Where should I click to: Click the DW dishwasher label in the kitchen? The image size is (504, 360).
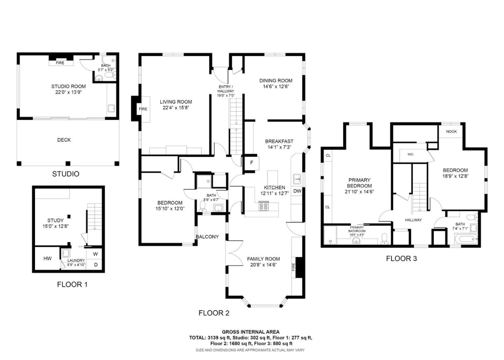click(x=297, y=191)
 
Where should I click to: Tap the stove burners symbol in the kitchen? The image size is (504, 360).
click(x=263, y=206)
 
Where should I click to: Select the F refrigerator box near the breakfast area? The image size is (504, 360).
click(x=251, y=163)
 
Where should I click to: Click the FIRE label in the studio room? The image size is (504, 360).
click(x=60, y=63)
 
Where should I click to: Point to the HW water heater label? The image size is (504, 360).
click(x=48, y=259)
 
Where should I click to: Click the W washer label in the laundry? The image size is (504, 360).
click(x=95, y=254)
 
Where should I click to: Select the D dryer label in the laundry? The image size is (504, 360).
click(x=96, y=265)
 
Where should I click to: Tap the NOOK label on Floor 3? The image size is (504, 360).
click(x=451, y=132)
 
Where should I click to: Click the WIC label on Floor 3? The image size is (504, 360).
click(x=411, y=154)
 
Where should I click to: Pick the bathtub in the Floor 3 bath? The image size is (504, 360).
click(x=465, y=240)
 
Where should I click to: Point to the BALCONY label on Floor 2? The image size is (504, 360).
click(x=207, y=237)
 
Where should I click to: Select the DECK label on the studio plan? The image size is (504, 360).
click(x=64, y=140)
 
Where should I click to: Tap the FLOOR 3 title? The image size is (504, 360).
click(x=401, y=259)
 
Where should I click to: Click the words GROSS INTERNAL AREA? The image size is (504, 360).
click(x=251, y=332)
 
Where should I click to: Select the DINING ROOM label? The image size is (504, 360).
click(x=276, y=80)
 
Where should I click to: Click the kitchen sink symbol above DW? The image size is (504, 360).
click(x=297, y=179)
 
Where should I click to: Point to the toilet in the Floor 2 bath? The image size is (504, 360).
click(x=202, y=206)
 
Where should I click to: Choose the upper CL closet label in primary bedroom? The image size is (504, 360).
click(x=328, y=155)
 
